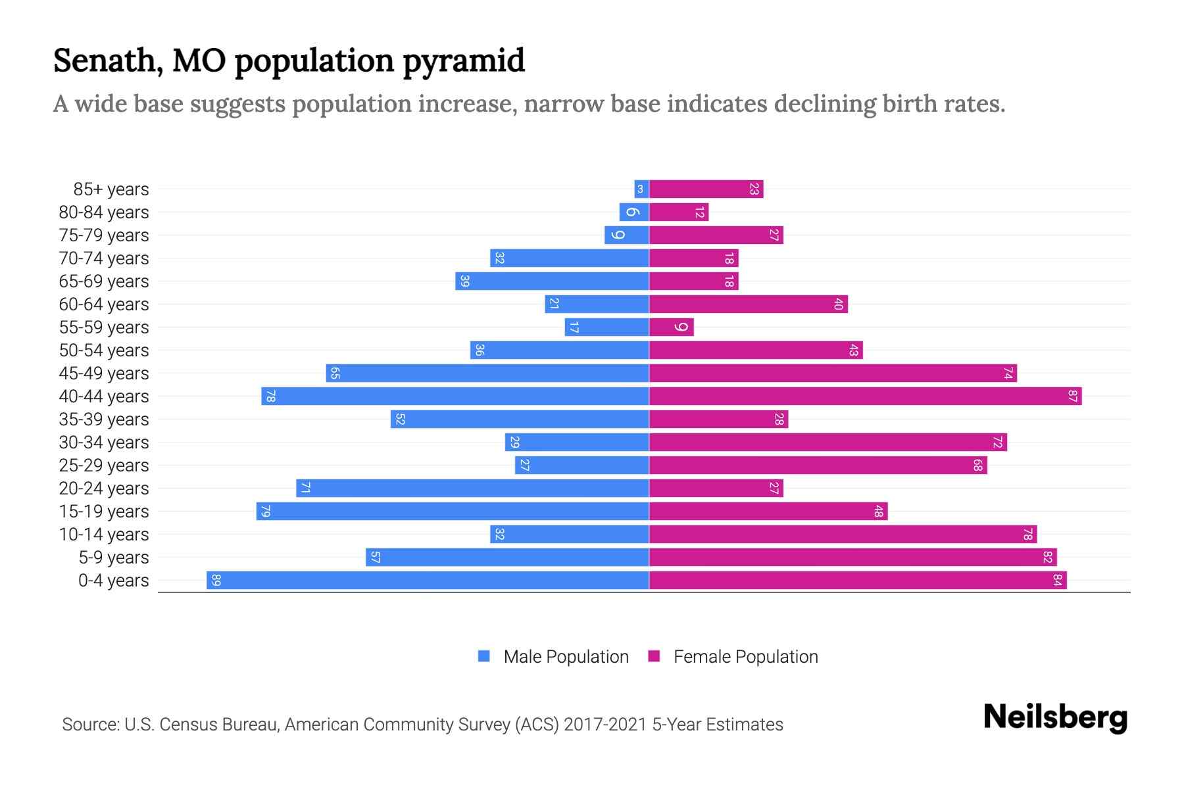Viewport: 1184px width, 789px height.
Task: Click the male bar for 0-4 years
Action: (428, 580)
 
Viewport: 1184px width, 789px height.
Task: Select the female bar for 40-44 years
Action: (865, 396)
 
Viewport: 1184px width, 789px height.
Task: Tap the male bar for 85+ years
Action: (641, 189)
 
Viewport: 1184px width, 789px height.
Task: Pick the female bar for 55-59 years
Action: (671, 327)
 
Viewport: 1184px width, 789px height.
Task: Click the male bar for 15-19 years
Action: (453, 511)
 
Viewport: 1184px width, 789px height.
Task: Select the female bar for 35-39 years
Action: (718, 419)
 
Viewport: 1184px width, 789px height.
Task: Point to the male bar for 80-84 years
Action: (634, 212)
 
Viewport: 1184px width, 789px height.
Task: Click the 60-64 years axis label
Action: (104, 304)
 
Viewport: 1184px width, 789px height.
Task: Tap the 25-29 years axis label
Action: (104, 466)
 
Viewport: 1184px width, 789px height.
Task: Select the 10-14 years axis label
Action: (104, 535)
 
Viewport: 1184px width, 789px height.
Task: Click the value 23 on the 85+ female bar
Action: (754, 189)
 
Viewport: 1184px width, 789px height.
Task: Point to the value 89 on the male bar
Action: (216, 581)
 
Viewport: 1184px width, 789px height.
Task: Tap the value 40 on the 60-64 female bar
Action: (838, 304)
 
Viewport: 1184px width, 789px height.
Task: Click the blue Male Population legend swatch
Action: (484, 656)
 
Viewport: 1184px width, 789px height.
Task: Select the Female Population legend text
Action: (745, 657)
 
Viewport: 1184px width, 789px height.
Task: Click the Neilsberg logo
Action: (1055, 717)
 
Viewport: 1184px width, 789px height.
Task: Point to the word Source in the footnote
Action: (90, 725)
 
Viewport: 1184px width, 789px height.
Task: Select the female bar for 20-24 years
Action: (716, 488)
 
